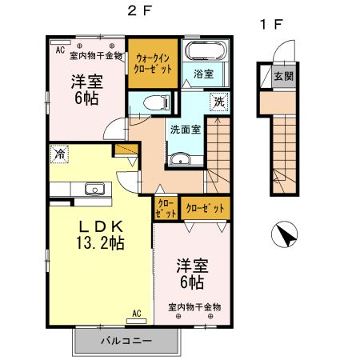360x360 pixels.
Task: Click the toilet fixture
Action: click(160, 102)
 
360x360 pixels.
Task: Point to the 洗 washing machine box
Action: click(218, 102)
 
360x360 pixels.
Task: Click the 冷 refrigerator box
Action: click(59, 152)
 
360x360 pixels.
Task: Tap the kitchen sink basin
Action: click(94, 190)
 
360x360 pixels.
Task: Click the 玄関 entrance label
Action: click(282, 77)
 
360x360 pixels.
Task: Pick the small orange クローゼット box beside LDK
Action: click(165, 209)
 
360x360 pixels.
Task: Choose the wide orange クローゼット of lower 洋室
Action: click(205, 208)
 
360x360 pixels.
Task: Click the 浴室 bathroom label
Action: click(202, 74)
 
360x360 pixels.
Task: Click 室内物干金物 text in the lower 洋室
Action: click(194, 307)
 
